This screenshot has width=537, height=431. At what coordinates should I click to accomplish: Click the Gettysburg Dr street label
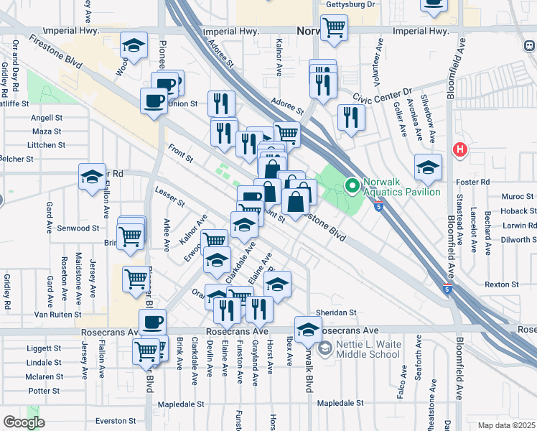[x=351, y=4]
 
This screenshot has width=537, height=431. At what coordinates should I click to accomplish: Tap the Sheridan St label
[x=342, y=312]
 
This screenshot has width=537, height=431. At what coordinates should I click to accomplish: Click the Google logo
[x=24, y=422]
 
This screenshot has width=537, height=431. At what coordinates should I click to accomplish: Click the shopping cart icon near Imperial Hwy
[x=334, y=28]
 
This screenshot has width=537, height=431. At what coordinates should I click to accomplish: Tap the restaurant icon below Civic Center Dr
[x=350, y=117]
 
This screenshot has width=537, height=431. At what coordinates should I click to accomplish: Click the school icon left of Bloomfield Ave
[x=428, y=167]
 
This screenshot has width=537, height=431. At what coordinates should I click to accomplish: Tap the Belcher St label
[x=16, y=158]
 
